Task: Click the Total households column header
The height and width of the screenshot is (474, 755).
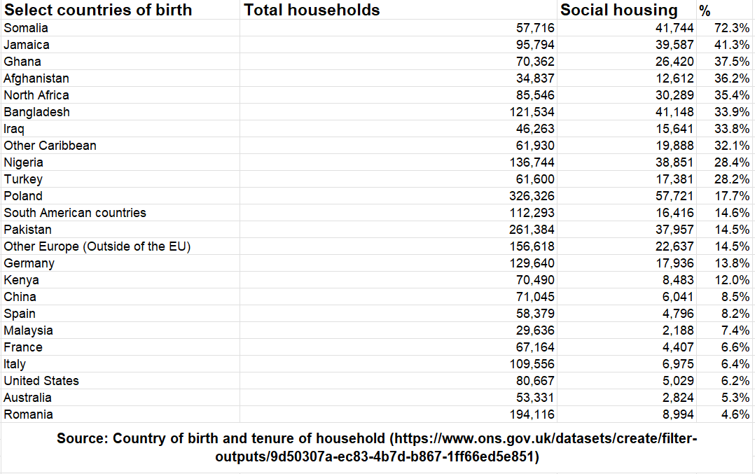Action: pos(312,10)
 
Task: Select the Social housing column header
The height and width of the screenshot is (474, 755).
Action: pos(619,10)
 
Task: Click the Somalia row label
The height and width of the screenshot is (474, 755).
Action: pos(26,28)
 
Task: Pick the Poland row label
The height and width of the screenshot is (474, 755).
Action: pos(23,196)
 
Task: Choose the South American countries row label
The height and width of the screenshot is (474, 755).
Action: pos(75,213)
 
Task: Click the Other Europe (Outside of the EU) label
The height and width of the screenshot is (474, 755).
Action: pos(97,246)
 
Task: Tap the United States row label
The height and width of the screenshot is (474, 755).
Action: pos(41,381)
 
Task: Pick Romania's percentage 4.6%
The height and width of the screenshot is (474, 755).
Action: pos(735,414)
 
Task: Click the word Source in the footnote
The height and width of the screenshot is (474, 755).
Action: pos(82,439)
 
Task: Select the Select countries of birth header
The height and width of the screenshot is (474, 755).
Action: pos(98,10)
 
